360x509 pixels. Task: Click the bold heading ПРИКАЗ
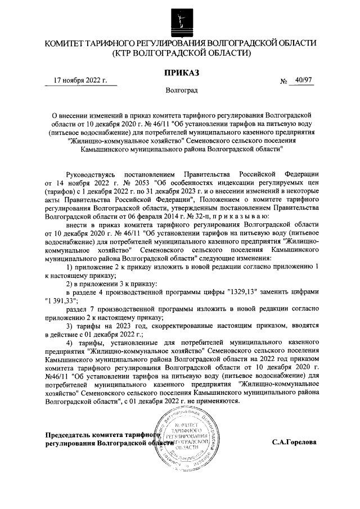point(181,72)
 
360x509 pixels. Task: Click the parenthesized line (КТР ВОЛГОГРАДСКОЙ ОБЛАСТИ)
point(181,53)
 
